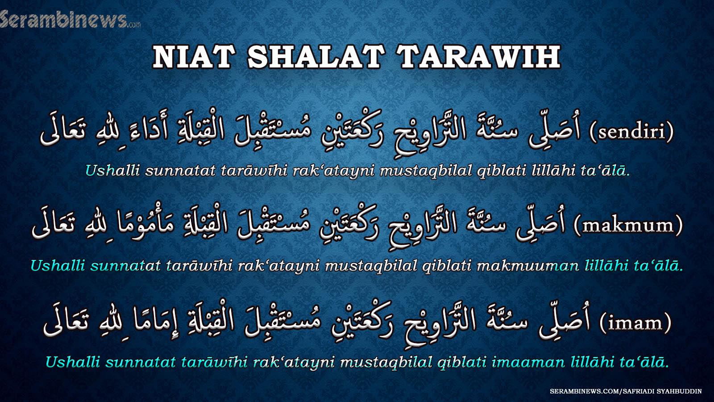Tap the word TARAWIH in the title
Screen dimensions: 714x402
pyautogui.click(x=480, y=57)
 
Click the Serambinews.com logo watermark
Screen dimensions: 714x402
pyautogui.click(x=70, y=19)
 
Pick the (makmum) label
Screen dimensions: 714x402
pyautogui.click(x=628, y=226)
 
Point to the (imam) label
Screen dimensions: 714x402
pyautogui.click(x=635, y=323)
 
